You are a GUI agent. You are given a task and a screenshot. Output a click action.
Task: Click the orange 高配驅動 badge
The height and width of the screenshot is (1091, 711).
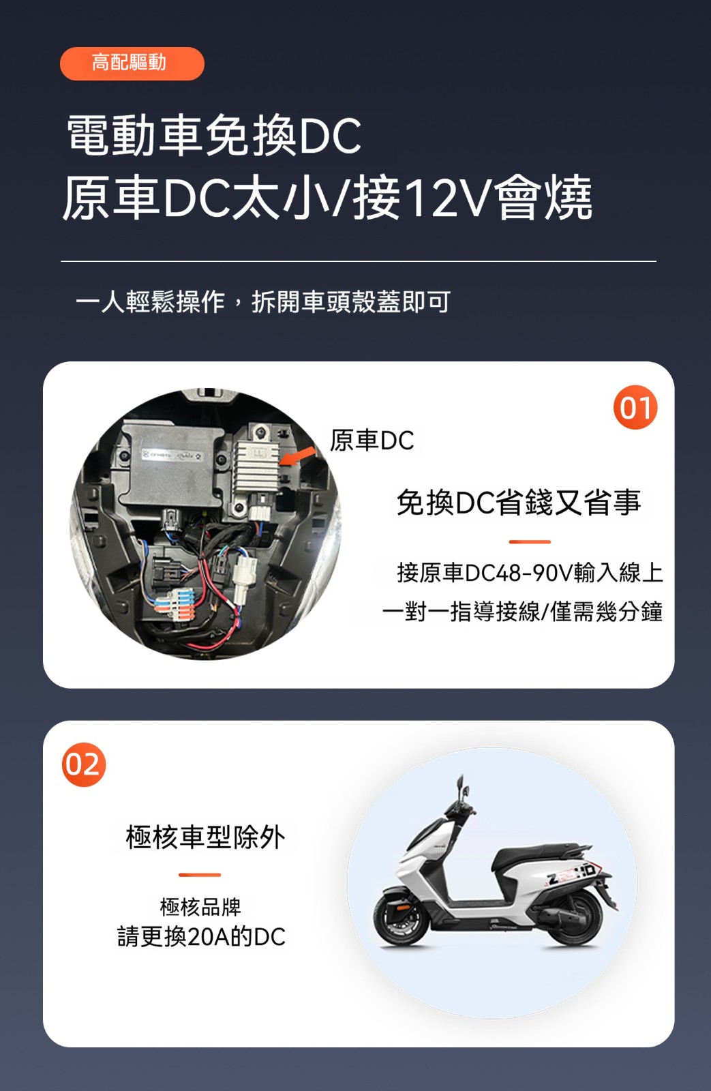click(x=132, y=63)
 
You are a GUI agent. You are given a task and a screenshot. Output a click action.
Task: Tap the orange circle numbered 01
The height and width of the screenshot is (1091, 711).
click(x=635, y=407)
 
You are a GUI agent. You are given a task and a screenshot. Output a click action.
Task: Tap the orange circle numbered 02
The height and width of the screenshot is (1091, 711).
click(x=84, y=764)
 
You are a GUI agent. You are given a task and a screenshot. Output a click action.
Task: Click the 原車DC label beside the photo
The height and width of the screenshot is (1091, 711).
click(x=372, y=440)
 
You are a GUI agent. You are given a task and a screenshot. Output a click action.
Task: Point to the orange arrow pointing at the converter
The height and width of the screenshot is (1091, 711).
click(x=297, y=457)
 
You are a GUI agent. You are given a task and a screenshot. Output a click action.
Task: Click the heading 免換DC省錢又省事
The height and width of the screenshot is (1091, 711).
click(x=519, y=503)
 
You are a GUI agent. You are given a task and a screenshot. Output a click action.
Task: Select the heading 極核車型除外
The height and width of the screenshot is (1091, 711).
click(x=205, y=837)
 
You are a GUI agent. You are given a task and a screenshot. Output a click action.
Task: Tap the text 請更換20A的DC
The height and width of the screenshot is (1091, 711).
click(x=201, y=936)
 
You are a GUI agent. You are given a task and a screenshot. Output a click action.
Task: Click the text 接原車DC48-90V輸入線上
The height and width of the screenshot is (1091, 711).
click(x=530, y=572)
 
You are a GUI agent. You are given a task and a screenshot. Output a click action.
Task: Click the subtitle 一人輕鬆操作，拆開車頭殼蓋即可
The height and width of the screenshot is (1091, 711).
click(x=263, y=302)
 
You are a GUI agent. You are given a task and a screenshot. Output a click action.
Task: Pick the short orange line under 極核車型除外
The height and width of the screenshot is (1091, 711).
click(x=200, y=875)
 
